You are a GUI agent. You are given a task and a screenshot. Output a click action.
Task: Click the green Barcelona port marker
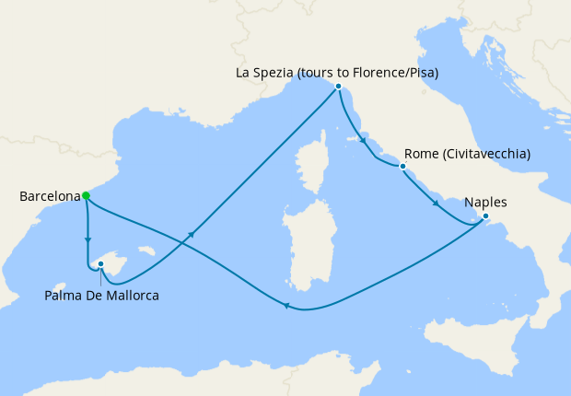click(x=86, y=195)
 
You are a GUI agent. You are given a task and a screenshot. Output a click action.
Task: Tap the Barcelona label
click(x=47, y=196)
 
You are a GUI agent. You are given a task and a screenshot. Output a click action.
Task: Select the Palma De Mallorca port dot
click(x=100, y=264)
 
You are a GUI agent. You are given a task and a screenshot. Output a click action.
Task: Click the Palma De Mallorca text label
click(x=102, y=296)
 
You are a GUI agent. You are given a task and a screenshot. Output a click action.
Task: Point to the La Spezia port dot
click(x=339, y=87)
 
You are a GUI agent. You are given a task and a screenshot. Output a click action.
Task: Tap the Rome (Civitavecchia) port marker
click(x=402, y=167)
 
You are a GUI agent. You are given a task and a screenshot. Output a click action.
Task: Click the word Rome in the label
click(x=421, y=154)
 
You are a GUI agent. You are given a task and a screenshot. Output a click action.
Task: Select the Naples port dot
click(x=486, y=217)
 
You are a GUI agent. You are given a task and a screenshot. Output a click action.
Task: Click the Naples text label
click(x=486, y=203)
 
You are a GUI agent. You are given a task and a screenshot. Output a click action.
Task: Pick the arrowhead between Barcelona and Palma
click(x=88, y=242)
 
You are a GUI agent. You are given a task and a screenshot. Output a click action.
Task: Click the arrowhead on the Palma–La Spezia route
click(x=192, y=236)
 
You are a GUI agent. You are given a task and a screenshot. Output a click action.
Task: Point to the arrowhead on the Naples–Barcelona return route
click(x=287, y=307)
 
